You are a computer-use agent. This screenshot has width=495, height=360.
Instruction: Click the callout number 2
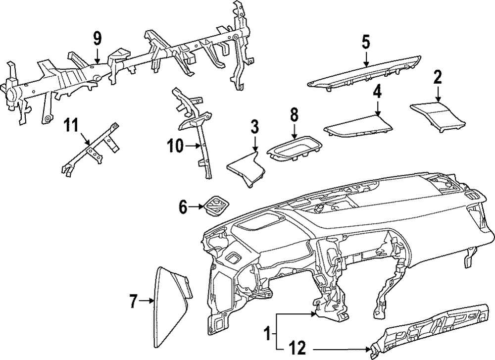pyautogui.click(x=438, y=77)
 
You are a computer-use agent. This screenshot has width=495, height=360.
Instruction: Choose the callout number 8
pyautogui.click(x=294, y=115)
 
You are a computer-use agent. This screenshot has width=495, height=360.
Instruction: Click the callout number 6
pyautogui.click(x=183, y=207)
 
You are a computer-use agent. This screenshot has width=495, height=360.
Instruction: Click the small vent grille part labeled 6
pyautogui.click(x=215, y=205)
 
